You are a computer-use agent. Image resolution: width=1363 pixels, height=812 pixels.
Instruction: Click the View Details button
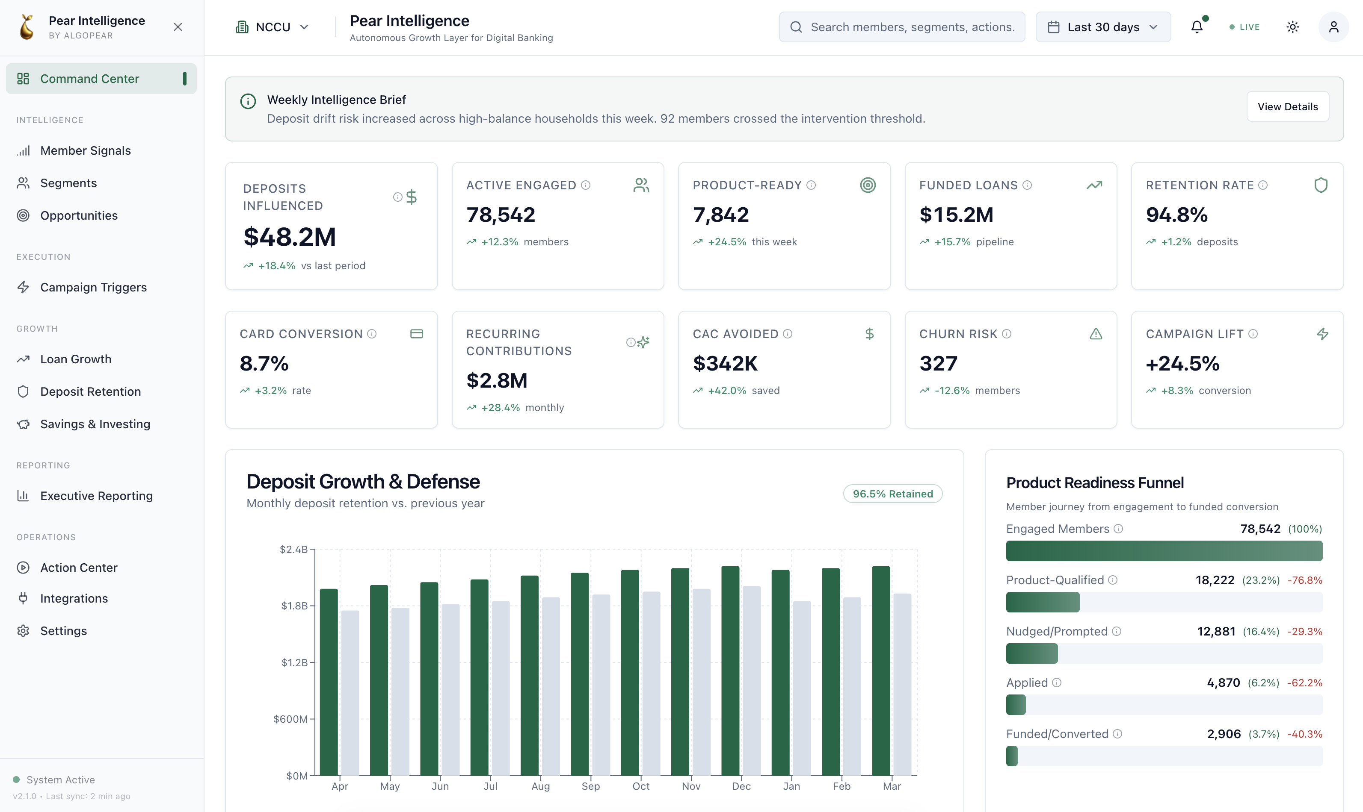point(1287,107)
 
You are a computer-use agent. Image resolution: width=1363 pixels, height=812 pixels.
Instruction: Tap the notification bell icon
point(1197,27)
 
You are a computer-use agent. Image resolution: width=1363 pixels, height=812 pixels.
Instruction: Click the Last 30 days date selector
point(1103,27)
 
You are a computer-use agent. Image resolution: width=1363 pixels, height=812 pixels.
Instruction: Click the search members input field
point(902,27)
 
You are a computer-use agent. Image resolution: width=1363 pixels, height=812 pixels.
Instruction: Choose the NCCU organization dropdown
point(272,27)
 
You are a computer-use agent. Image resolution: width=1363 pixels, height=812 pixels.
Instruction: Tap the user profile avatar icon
point(1333,27)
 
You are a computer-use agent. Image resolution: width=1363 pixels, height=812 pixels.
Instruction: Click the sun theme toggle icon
point(1292,27)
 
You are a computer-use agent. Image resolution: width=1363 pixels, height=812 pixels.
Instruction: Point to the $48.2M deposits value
point(290,237)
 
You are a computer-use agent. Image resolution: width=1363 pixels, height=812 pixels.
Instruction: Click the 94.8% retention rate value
point(1176,215)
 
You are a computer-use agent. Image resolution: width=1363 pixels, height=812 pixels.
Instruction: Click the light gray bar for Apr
point(350,693)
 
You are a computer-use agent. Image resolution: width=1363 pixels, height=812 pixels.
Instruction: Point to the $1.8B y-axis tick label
point(294,606)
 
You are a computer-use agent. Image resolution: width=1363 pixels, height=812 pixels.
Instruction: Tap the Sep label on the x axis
point(590,786)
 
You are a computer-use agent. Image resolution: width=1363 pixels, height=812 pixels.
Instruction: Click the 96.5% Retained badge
point(892,494)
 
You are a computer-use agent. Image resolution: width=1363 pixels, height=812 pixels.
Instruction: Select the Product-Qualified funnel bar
point(1043,602)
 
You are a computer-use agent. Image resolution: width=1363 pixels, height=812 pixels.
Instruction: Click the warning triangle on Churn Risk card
point(1095,334)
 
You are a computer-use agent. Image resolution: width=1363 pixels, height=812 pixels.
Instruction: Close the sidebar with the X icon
point(178,27)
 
